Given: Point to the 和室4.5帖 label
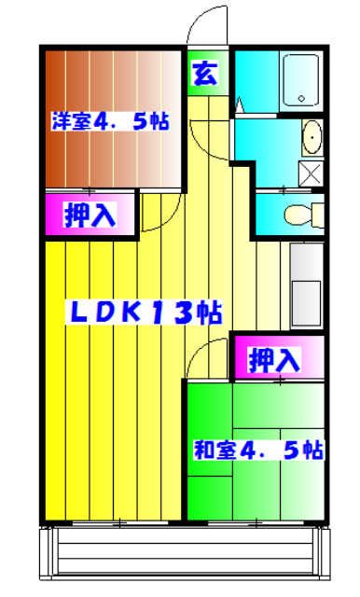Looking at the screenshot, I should point(258,451).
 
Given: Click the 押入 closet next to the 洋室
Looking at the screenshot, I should point(90,215).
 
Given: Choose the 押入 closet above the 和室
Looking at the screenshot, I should point(277,357).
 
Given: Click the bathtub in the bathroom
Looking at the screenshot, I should point(303,79).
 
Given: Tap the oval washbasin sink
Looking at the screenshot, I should point(312,137).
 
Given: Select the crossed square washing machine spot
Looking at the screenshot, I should point(310,174).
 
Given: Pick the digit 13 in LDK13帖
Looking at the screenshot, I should point(183,314).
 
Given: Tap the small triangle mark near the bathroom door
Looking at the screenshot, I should point(240,107).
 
